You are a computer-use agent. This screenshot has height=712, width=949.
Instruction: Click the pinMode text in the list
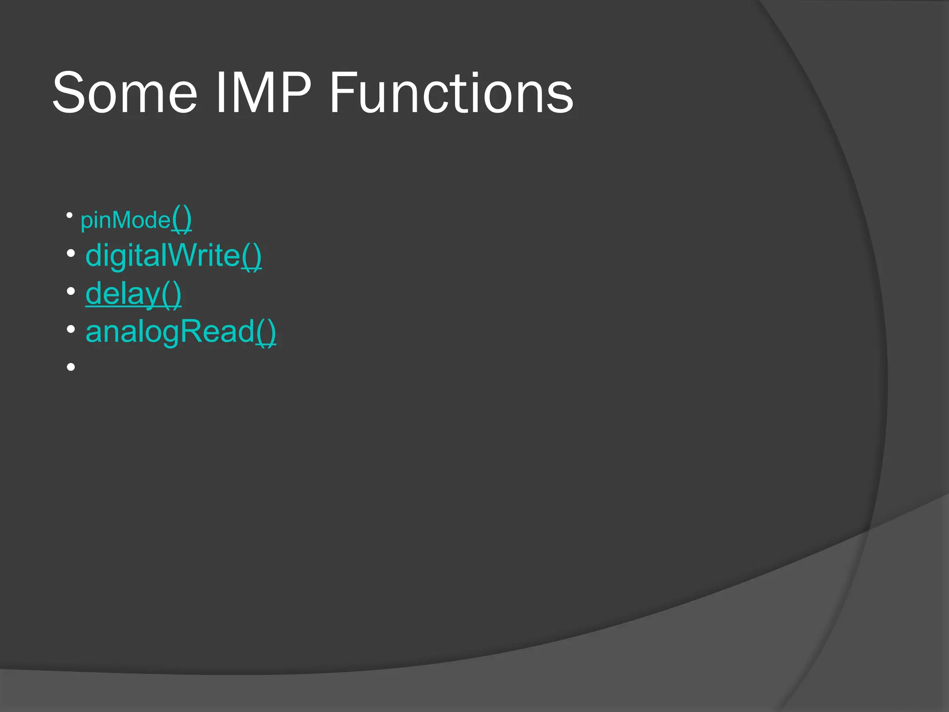pos(125,220)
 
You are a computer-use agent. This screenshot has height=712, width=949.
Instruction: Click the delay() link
pos(133,294)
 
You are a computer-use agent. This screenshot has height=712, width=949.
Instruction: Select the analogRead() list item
pos(181,331)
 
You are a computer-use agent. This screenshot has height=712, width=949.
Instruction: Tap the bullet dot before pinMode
pos(70,215)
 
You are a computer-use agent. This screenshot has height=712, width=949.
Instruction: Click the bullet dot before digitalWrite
pos(70,254)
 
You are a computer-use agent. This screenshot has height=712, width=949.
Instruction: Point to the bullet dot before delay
pos(70,292)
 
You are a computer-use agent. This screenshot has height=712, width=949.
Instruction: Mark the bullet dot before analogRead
pos(70,330)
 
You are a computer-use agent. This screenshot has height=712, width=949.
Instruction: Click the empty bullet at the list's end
pos(70,367)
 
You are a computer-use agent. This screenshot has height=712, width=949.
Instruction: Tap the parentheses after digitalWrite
pos(252,256)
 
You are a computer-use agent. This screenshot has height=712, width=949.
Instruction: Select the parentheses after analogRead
pos(266,332)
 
